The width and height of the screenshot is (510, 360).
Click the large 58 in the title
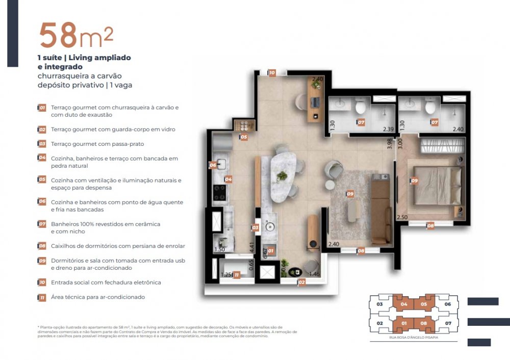pyautogui.click(x=57, y=35)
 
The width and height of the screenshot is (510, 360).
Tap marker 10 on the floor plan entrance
pyautogui.click(x=272, y=73)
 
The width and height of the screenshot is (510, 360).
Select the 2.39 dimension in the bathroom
pyautogui.click(x=388, y=130)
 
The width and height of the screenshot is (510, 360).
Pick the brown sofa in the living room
pyautogui.click(x=380, y=209)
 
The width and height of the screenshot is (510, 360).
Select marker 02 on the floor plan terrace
pyautogui.click(x=302, y=281)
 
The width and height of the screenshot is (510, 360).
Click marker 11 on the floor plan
pyautogui.click(x=237, y=275)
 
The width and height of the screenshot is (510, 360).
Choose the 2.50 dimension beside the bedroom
pyautogui.click(x=402, y=218)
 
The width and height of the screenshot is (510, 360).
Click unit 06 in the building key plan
pyautogui.click(x=448, y=304)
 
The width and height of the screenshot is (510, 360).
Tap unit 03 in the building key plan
pyautogui.click(x=379, y=304)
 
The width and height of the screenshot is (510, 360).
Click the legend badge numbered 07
pyautogui.click(x=42, y=224)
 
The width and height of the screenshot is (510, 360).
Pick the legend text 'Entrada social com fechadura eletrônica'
pyautogui.click(x=106, y=282)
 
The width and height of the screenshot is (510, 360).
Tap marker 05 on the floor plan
pyautogui.click(x=244, y=137)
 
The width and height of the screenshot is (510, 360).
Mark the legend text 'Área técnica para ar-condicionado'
pyautogui.click(x=98, y=297)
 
